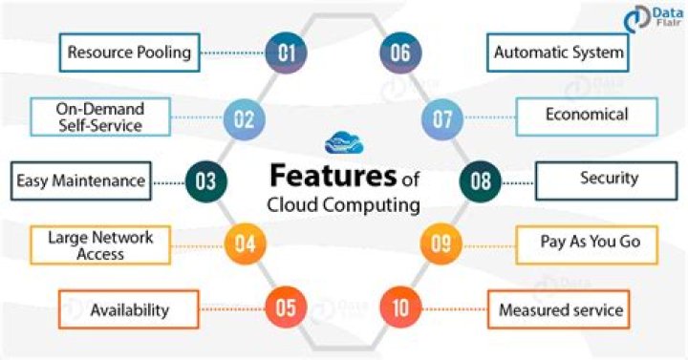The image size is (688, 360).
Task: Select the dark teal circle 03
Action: [204, 180]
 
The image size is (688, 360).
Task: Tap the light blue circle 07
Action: [441, 120]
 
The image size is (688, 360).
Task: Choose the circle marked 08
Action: [483, 180]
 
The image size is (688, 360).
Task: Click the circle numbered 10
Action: [399, 308]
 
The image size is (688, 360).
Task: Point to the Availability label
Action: [128, 309]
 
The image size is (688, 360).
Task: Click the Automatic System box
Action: [558, 53]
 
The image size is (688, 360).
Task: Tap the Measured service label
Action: [560, 309]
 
